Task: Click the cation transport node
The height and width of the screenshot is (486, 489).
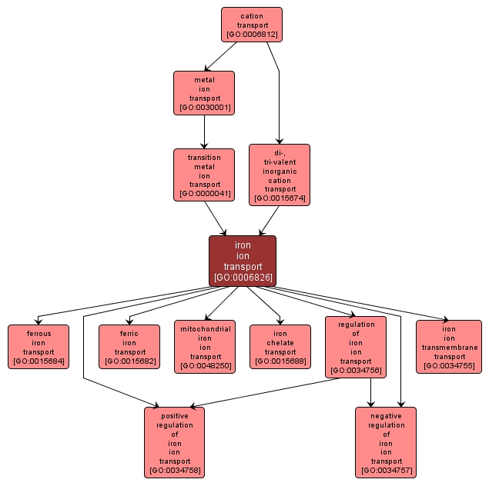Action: (251, 25)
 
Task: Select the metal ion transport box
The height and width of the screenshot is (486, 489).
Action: (204, 93)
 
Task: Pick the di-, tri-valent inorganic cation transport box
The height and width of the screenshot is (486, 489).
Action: (280, 175)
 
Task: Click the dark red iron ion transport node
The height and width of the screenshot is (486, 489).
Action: (243, 261)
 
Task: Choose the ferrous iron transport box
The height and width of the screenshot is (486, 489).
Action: (39, 347)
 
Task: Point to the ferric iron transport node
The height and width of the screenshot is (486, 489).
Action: (129, 347)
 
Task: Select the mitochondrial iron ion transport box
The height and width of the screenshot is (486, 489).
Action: (204, 347)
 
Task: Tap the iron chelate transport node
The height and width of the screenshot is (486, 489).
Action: (280, 347)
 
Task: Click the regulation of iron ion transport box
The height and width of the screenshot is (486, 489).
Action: (356, 347)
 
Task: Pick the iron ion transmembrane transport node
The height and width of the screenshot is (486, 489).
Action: (449, 347)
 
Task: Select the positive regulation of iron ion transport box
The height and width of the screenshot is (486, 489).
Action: (174, 442)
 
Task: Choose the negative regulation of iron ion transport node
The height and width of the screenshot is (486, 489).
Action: (386, 442)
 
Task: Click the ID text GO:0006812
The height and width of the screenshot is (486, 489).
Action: (252, 35)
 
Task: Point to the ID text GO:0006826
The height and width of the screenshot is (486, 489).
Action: (243, 277)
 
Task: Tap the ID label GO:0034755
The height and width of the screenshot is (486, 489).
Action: (449, 366)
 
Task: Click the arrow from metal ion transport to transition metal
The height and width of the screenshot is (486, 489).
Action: (204, 131)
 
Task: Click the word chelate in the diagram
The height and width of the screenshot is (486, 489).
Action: (280, 342)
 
